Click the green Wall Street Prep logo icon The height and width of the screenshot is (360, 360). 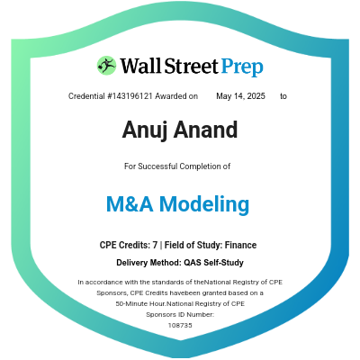pyautogui.click(x=107, y=66)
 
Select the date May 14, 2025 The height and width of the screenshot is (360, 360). pyautogui.click(x=241, y=95)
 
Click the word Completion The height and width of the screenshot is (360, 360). pyautogui.click(x=210, y=166)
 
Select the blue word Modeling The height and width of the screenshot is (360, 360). pyautogui.click(x=208, y=204)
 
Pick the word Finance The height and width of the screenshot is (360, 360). pyautogui.click(x=242, y=246)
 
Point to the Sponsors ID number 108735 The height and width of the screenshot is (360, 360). pyautogui.click(x=180, y=325)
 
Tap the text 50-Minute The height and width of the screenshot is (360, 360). pyautogui.click(x=134, y=304)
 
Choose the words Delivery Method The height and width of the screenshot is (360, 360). pyautogui.click(x=148, y=263)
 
